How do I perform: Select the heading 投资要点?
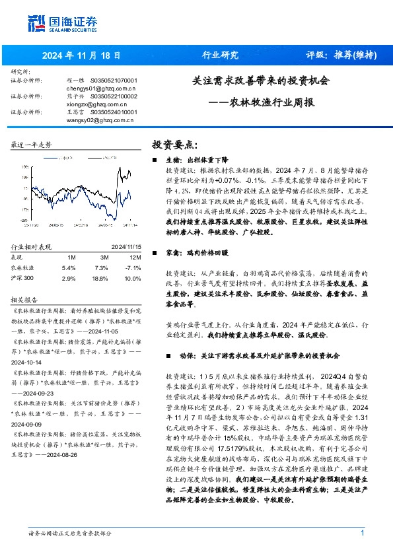click(x=174, y=144)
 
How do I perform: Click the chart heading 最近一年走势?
click(x=31, y=144)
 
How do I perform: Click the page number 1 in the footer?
click(x=363, y=533)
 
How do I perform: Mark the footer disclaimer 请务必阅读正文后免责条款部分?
click(x=69, y=533)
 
